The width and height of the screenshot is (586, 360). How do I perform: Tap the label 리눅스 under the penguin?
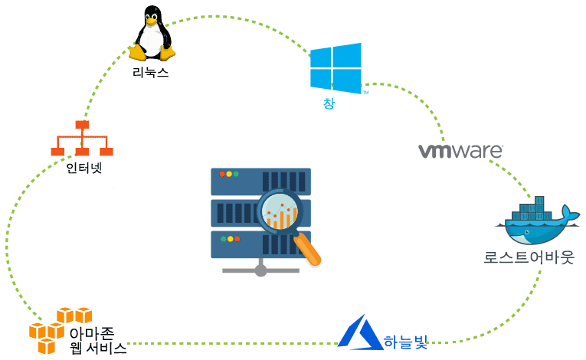pyautogui.click(x=150, y=74)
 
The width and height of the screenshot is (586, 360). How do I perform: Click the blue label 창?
pyautogui.click(x=329, y=103)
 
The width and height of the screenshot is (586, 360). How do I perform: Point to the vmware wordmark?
pyautogui.click(x=460, y=149)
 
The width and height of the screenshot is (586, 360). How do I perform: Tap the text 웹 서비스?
pyautogui.click(x=97, y=349)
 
